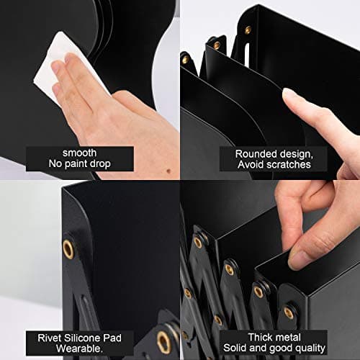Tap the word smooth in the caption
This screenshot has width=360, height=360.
click(x=81, y=153)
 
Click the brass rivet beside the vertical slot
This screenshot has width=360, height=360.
click(x=248, y=30)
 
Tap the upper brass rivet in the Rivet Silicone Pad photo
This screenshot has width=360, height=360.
click(x=68, y=249)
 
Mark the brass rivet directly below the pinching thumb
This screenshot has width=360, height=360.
click(x=289, y=311)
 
